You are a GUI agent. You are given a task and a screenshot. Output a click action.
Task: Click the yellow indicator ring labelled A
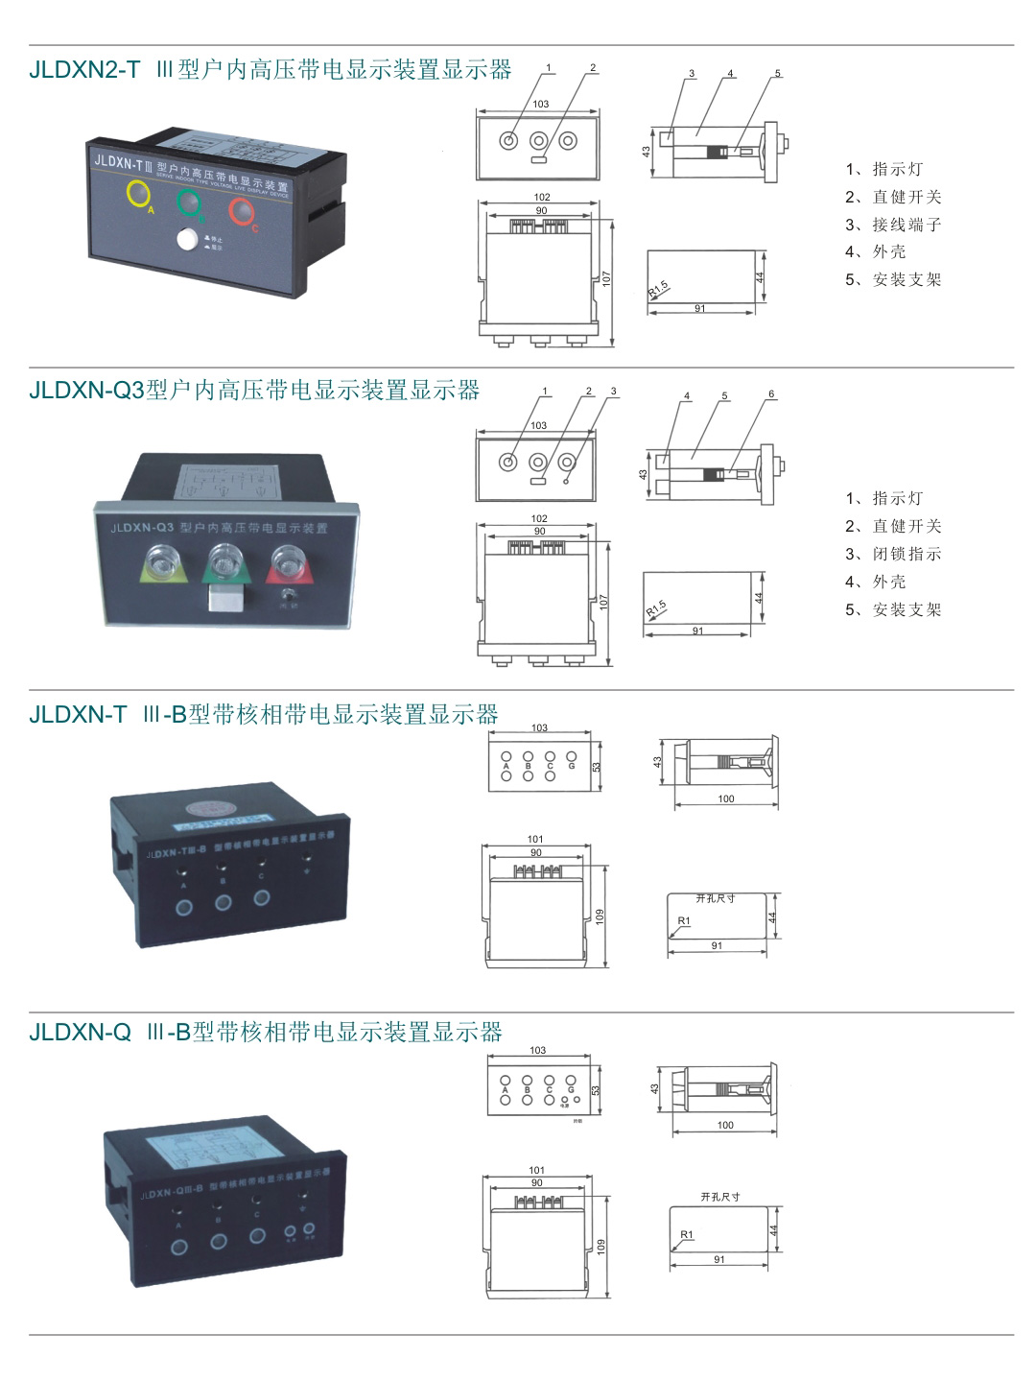[x=139, y=193]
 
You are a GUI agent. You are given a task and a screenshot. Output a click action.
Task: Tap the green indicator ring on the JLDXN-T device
[x=188, y=202]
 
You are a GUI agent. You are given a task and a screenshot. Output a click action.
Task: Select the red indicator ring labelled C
[x=241, y=210]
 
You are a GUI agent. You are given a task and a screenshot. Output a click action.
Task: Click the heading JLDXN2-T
[x=84, y=70]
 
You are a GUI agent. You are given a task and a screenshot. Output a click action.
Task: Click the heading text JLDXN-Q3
[x=86, y=391]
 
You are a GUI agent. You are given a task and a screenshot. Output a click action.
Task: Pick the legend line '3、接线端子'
[x=893, y=225]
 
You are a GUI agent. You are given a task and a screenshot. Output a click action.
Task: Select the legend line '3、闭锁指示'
[x=893, y=554]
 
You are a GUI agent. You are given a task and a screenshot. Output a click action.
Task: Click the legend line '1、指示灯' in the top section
[x=883, y=169]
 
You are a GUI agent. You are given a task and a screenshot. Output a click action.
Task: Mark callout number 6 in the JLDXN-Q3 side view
[x=771, y=393]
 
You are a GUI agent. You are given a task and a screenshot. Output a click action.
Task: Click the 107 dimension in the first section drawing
[x=606, y=278]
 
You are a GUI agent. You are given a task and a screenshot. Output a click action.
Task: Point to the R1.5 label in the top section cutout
[x=658, y=288]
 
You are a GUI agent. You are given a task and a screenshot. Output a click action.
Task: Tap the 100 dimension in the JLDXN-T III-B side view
[x=726, y=798]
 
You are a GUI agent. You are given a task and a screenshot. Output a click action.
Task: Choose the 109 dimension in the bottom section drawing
[x=601, y=1246]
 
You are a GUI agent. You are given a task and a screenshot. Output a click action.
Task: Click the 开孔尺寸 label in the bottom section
[x=719, y=1197]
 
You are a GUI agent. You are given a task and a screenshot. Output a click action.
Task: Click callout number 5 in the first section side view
[x=778, y=73]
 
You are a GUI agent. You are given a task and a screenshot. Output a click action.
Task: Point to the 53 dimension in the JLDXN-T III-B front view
[x=596, y=767]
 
